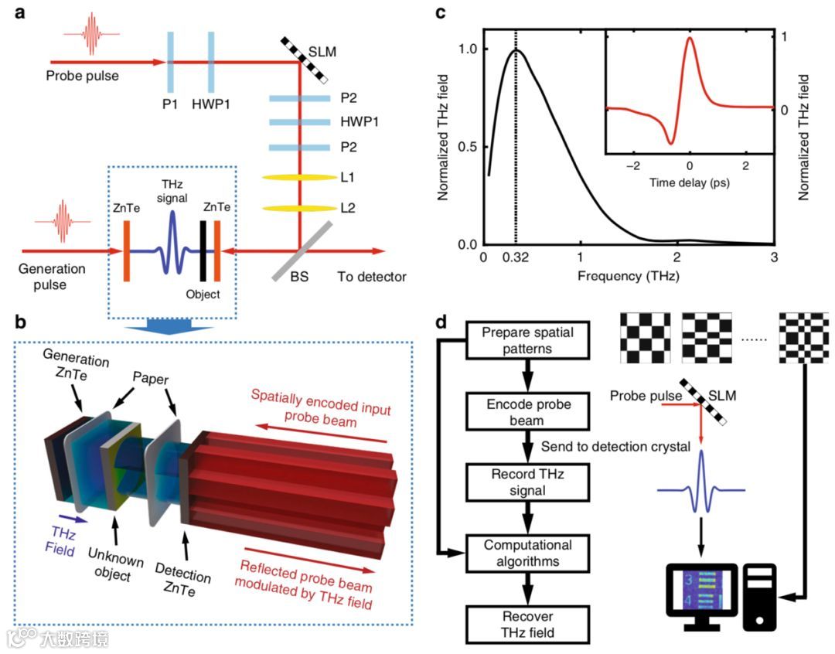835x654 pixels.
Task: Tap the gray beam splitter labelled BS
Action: (x=301, y=251)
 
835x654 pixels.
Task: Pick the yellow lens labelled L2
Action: (x=300, y=209)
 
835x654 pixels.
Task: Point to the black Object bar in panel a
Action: (x=203, y=250)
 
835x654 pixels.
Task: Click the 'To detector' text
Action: (x=371, y=277)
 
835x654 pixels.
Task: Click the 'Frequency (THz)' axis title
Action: (x=627, y=275)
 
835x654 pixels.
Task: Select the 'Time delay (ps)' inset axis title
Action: (x=690, y=184)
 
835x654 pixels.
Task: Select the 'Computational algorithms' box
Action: (x=527, y=550)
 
